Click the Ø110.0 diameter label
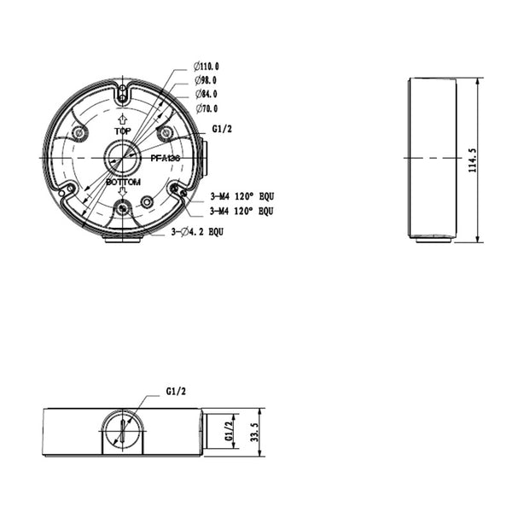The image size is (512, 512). (x=206, y=67)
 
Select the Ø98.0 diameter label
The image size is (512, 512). (x=206, y=80)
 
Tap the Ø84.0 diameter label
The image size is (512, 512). (x=207, y=94)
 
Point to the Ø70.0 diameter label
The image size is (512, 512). (x=207, y=108)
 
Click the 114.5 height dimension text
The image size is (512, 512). (x=473, y=160)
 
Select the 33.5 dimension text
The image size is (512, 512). (x=254, y=432)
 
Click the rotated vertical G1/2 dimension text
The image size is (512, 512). (x=230, y=431)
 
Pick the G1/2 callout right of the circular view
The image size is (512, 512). (x=222, y=129)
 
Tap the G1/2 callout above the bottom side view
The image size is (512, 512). (x=176, y=391)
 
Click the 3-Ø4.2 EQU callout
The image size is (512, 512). (x=198, y=232)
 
